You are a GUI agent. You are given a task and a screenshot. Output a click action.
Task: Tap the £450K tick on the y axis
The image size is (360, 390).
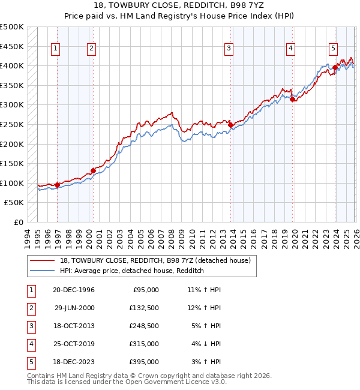pyautogui.click(x=12, y=46)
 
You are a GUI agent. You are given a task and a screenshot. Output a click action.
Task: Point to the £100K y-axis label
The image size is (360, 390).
pyautogui.click(x=12, y=183)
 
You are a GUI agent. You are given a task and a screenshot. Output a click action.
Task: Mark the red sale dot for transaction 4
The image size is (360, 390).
pyautogui.click(x=292, y=100)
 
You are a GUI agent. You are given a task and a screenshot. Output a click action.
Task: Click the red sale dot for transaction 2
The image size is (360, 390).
pyautogui.click(x=93, y=170)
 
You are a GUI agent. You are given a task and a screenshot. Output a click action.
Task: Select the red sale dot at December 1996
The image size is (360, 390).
pyautogui.click(x=57, y=185)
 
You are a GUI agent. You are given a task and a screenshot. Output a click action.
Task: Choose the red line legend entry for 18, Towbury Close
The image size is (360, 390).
pyautogui.click(x=158, y=260)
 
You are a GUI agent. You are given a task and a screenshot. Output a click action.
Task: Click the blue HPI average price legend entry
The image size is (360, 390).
pyautogui.click(x=132, y=271)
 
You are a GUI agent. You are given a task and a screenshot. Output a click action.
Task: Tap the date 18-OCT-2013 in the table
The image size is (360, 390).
pyautogui.click(x=74, y=326)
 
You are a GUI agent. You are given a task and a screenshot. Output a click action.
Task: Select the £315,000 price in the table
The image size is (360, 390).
pyautogui.click(x=144, y=344)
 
